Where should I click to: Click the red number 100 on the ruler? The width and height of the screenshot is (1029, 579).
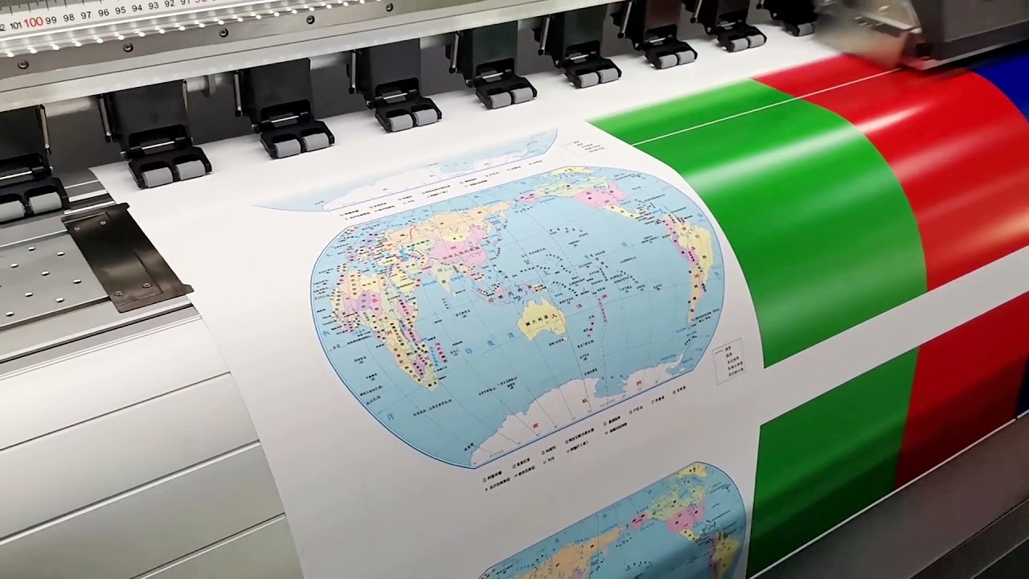click(x=32, y=22)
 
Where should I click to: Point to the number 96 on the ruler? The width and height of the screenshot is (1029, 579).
click(x=104, y=13)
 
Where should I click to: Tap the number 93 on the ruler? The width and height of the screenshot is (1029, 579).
click(x=154, y=6)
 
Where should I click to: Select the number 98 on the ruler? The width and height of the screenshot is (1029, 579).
click(x=69, y=17)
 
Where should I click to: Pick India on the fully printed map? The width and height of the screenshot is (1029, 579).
click(x=443, y=276)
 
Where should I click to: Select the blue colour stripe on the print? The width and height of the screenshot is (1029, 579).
click(x=1005, y=88)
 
